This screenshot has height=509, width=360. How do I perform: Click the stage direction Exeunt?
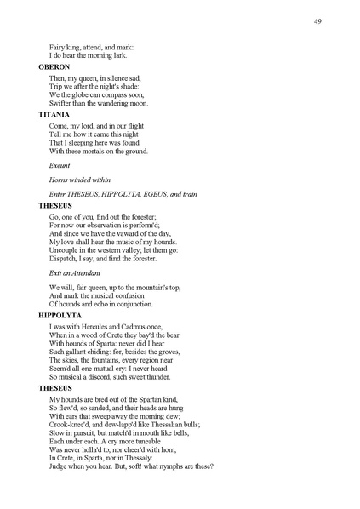tap(60, 167)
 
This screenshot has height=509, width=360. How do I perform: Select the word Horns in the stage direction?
tap(60, 180)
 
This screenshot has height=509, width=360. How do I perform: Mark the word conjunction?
tap(128, 304)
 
